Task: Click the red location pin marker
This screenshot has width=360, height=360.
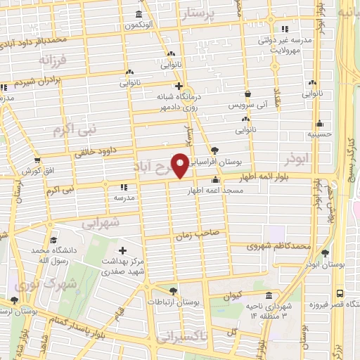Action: click(181, 165)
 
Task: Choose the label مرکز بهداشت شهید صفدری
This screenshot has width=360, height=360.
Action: click(124, 263)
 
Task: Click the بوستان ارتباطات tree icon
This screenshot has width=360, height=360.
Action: click(174, 290)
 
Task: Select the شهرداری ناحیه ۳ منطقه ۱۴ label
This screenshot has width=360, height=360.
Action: click(267, 311)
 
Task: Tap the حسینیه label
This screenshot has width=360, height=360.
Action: click(319, 133)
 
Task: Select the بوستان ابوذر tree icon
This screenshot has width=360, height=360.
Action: click(324, 253)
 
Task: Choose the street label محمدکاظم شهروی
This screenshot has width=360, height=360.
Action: click(278, 246)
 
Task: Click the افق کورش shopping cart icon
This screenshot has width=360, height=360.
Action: click(37, 160)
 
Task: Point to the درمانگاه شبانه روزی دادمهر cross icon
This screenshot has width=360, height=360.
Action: click(179, 86)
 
